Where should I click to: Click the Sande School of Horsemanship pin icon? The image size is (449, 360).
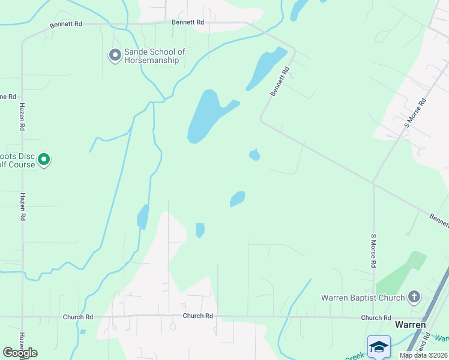115,56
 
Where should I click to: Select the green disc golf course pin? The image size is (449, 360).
44,160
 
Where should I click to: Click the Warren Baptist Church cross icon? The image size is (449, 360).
414,297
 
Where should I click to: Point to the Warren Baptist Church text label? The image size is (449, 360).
363,298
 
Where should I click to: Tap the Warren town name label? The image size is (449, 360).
410,325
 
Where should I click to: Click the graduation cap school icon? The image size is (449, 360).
379,347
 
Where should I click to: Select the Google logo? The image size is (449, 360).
20,353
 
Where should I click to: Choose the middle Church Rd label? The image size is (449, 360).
197,316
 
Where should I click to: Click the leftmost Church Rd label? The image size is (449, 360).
78,317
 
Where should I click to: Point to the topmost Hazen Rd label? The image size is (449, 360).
22,116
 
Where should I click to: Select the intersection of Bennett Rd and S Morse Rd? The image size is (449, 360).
373,183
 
